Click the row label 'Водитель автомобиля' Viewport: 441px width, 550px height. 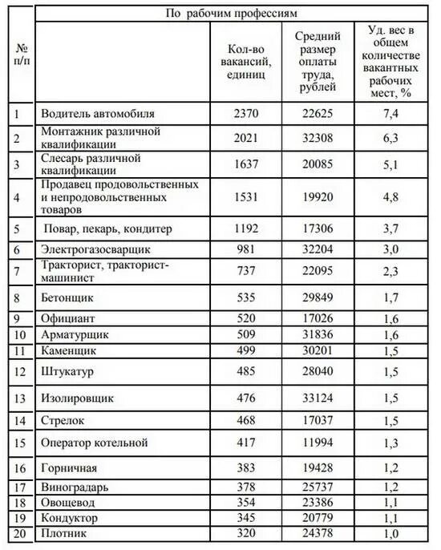pyautogui.click(x=98, y=113)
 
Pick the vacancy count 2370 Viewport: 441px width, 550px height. pyautogui.click(x=245, y=113)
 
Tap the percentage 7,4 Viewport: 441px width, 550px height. pyautogui.click(x=390, y=113)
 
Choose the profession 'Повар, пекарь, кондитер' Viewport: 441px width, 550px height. pyautogui.click(x=108, y=228)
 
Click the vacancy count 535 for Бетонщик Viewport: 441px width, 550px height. pyautogui.click(x=245, y=297)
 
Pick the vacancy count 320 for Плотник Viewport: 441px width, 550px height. pyautogui.click(x=245, y=532)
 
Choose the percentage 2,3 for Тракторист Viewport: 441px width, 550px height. pyautogui.click(x=390, y=271)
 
